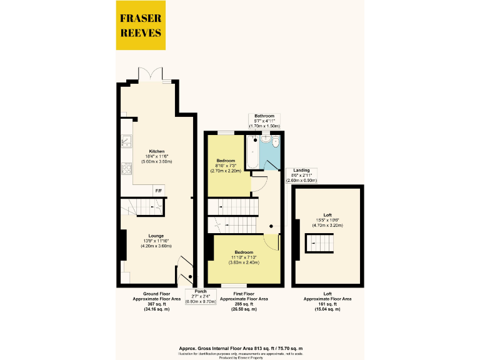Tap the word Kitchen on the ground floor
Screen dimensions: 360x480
tap(155, 151)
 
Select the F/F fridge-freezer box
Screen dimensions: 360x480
tap(157, 189)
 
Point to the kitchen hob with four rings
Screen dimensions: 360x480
tap(126, 167)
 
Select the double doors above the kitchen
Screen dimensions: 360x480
tap(152, 74)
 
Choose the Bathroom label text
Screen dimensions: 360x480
tap(264, 116)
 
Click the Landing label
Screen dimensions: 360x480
tap(301, 170)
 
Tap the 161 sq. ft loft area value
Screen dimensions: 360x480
tap(327, 304)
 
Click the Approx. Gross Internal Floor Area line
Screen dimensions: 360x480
tap(241, 347)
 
